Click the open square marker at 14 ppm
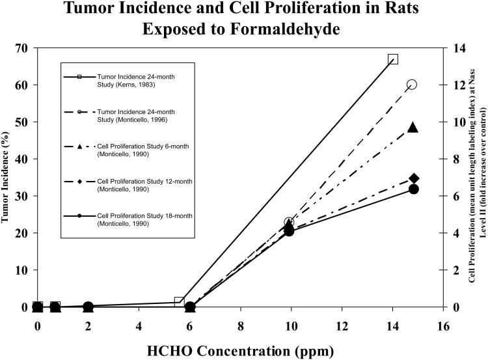click(393, 59)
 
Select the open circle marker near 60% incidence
click(412, 85)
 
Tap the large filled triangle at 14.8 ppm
click(413, 127)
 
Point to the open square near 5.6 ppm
click(179, 301)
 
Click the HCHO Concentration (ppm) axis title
click(240, 350)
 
